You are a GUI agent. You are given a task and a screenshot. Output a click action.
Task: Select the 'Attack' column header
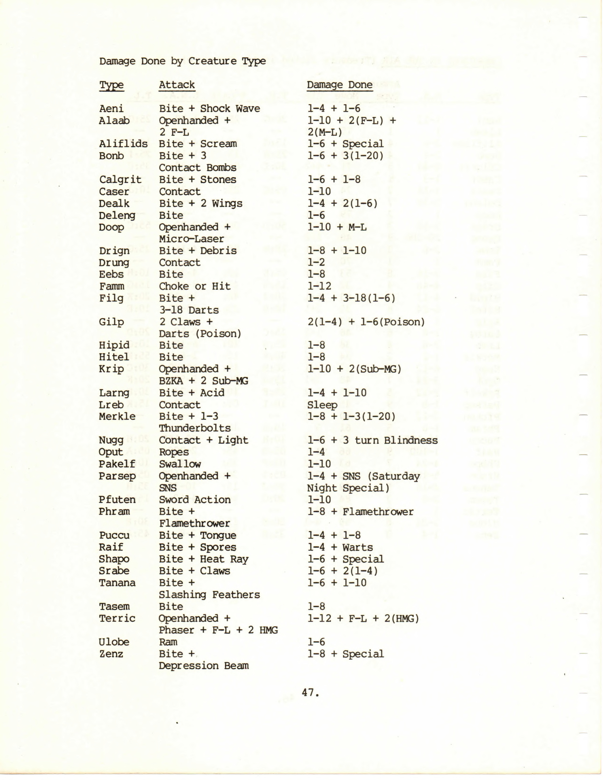tap(177, 85)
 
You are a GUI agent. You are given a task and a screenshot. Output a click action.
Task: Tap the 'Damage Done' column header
tap(340, 85)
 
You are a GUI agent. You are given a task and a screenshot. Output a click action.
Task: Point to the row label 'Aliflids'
tap(123, 144)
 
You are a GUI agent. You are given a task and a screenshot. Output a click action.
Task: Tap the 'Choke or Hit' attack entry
tap(194, 286)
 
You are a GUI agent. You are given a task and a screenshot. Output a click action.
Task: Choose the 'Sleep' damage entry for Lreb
tap(322, 405)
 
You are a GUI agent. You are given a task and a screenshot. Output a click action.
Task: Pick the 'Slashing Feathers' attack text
tap(209, 595)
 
